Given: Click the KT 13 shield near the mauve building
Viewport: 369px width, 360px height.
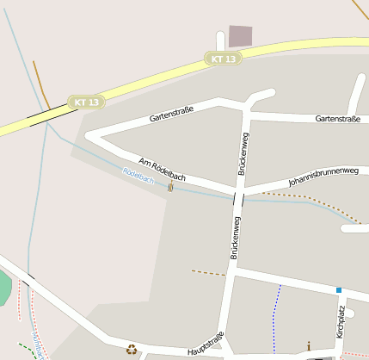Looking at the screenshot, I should (x=223, y=59).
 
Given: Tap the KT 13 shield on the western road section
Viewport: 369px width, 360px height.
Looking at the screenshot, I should (x=87, y=102).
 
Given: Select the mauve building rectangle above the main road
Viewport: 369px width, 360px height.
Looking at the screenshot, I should (x=240, y=36).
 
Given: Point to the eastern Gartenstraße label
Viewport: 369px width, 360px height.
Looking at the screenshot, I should (x=337, y=119).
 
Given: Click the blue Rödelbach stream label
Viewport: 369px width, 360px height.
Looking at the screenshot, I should (x=138, y=176).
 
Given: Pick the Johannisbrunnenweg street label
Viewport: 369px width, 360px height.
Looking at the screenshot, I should (x=323, y=176).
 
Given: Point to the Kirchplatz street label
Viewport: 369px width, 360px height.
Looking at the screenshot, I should (x=341, y=321).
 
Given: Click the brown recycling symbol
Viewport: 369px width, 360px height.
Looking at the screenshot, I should (x=132, y=349).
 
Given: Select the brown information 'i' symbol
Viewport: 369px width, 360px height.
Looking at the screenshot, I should (x=309, y=346).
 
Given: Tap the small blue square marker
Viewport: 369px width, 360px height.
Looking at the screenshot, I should (x=339, y=290).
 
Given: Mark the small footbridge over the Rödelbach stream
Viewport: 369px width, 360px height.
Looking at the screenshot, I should (x=170, y=187).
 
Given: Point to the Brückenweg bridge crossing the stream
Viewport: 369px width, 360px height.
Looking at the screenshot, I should (x=238, y=200).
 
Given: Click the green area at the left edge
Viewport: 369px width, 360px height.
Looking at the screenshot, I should (x=4, y=289).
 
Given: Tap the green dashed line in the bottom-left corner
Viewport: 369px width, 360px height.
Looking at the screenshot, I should (x=24, y=351).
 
